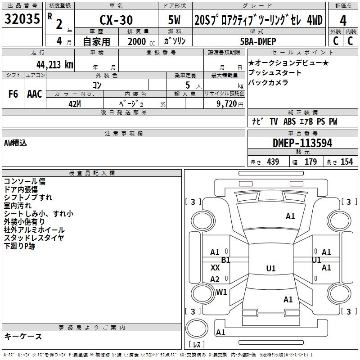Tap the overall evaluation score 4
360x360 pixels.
coord(343,20)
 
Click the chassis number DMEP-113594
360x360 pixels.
coord(302,143)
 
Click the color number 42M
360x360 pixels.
coord(74,103)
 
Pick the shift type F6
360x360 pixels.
coord(13,94)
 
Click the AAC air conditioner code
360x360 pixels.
coord(35,94)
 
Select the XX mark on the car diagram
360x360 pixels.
coord(215,268)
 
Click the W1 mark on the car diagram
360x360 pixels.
coord(221,292)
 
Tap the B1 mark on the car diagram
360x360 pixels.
coord(225,260)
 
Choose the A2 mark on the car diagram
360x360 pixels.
coord(215,279)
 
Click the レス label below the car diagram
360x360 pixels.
coord(198,344)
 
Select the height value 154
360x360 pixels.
coord(346,162)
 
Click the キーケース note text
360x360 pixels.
coord(23,336)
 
